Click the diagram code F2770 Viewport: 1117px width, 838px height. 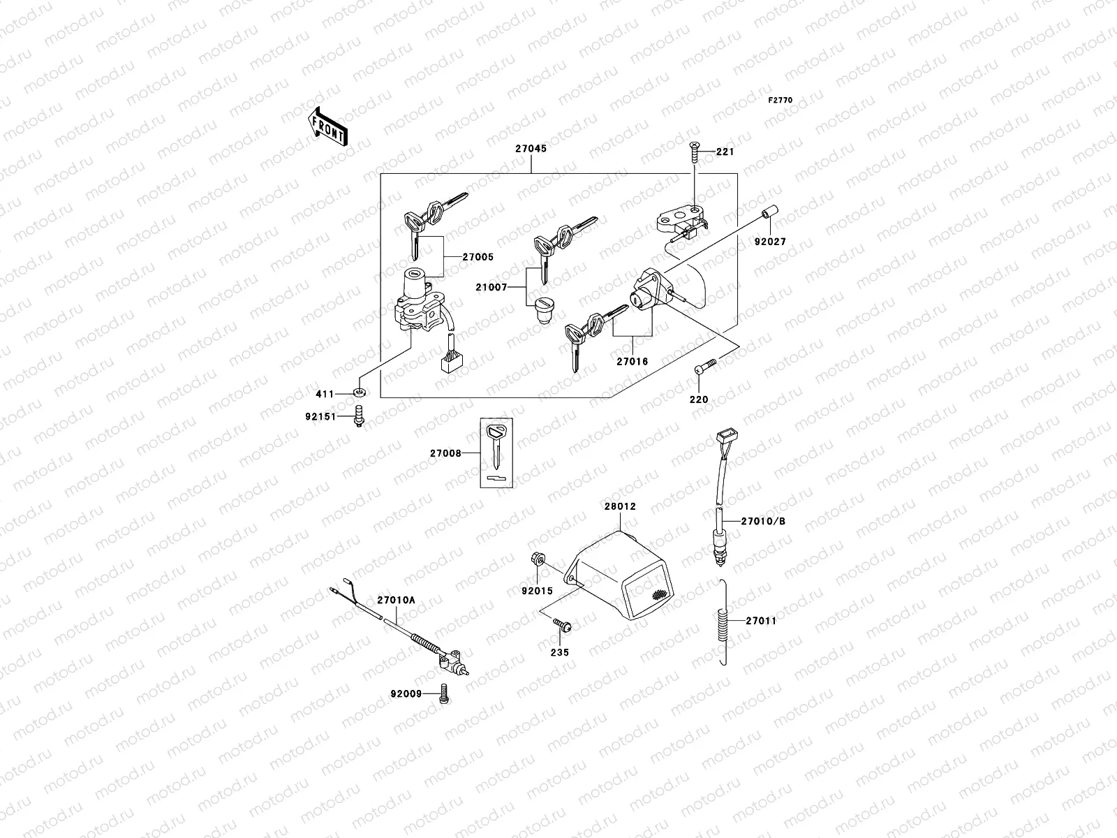point(781,101)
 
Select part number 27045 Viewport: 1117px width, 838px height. point(531,149)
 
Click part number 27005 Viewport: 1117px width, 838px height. point(478,257)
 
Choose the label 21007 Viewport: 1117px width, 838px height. point(510,288)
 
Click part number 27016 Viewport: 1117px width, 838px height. point(632,362)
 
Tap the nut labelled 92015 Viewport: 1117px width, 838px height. point(538,559)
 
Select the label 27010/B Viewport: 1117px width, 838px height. point(763,520)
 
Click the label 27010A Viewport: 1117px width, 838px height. point(396,600)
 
